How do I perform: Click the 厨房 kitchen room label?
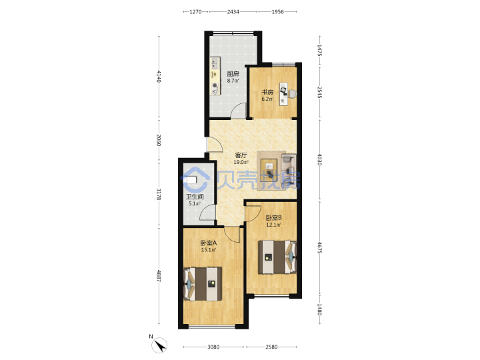(x=233, y=74)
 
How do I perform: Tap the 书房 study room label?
(x=267, y=92)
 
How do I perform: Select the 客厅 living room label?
(x=241, y=155)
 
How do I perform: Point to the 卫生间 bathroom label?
(x=195, y=197)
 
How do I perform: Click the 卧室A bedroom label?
(x=209, y=243)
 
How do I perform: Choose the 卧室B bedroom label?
(x=273, y=218)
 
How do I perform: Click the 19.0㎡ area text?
(x=241, y=162)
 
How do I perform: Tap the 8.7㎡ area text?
(x=233, y=81)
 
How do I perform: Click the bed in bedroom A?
(x=203, y=284)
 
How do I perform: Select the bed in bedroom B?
(x=277, y=257)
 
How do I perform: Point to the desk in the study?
(x=284, y=94)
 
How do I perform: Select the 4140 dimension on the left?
(x=159, y=76)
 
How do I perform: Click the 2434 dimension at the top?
(x=233, y=11)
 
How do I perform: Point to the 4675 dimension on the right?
(x=319, y=247)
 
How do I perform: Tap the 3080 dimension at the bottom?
(x=213, y=347)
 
